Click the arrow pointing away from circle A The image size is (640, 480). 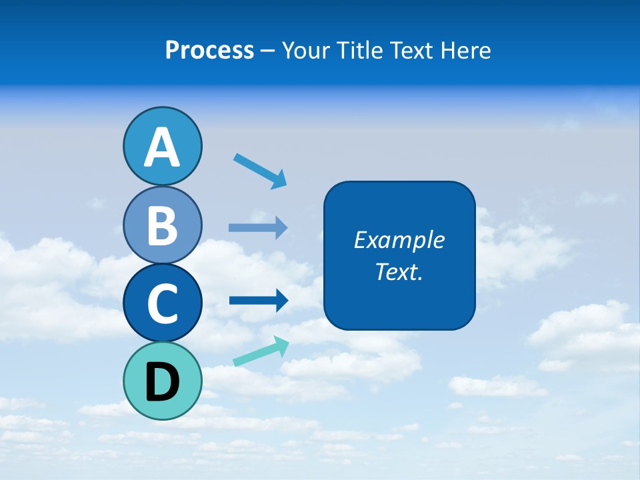(x=261, y=171)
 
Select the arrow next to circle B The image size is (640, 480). (x=258, y=227)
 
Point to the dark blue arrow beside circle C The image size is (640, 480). (x=259, y=301)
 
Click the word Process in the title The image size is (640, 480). (x=209, y=51)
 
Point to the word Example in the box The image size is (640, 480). (x=399, y=240)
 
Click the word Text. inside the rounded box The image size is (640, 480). (x=399, y=272)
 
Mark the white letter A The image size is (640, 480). (x=162, y=148)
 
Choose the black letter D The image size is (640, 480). (x=162, y=383)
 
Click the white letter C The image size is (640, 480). (x=162, y=304)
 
